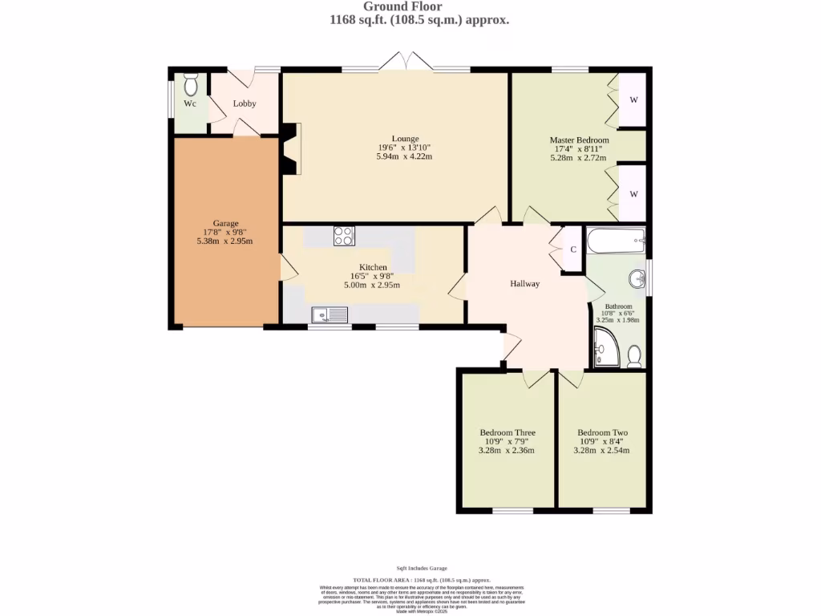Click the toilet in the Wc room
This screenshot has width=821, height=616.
click(x=191, y=84)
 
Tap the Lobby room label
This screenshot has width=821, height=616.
click(x=245, y=103)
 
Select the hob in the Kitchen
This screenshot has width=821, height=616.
click(x=344, y=236)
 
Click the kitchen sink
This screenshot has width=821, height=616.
click(x=330, y=315)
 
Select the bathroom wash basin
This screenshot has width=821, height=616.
click(x=637, y=279)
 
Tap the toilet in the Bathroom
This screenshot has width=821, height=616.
click(x=633, y=355)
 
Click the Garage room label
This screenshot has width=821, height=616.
click(x=225, y=224)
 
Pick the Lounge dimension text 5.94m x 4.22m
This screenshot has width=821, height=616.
click(x=404, y=156)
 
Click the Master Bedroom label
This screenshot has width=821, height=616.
click(x=579, y=140)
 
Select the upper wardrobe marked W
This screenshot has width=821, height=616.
click(x=633, y=99)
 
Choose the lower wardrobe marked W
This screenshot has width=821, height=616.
click(x=633, y=194)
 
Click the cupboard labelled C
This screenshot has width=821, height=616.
click(x=573, y=249)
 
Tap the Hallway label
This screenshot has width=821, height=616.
click(x=525, y=284)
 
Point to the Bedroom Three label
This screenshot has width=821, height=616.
click(x=508, y=432)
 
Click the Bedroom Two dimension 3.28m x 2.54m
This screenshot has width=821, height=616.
click(x=601, y=451)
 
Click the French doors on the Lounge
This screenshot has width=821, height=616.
click(x=406, y=62)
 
